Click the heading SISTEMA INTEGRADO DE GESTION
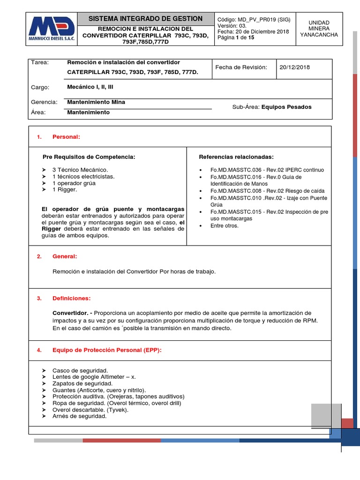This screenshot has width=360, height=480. point(146,19)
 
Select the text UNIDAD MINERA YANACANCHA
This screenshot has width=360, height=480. point(319,29)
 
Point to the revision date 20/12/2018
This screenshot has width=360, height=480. point(294,67)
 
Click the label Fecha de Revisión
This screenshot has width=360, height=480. point(241,67)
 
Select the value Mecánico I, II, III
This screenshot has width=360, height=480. point(90,87)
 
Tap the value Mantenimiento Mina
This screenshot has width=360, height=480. point(96,102)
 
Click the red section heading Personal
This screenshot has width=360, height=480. point(66,136)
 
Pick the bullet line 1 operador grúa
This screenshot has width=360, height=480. point(74,183)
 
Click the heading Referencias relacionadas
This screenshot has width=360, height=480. point(236,157)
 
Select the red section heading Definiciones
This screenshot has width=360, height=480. point(71,298)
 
